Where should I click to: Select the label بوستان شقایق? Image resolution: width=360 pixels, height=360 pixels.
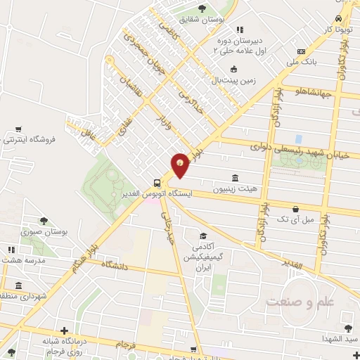221,20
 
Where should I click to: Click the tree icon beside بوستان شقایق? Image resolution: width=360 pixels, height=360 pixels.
202,9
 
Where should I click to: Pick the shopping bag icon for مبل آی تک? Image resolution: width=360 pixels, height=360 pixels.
296,210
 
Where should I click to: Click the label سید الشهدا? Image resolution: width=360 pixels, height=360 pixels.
338,339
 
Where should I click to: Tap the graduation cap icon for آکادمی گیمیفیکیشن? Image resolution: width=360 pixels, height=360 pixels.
203,236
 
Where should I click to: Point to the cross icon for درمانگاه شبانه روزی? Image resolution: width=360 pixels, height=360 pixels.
64,330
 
